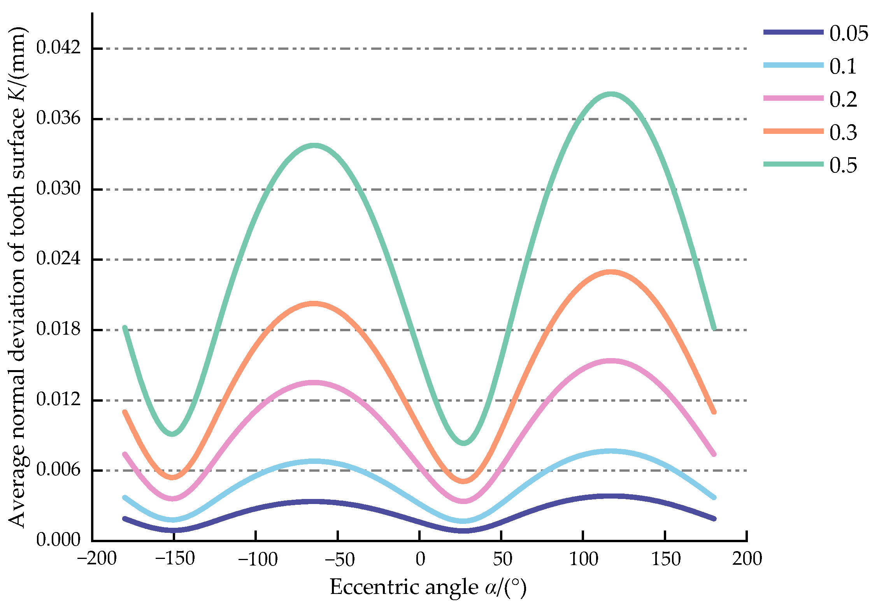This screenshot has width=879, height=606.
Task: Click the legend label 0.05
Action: click(848, 34)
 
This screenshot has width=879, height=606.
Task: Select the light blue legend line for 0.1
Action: click(793, 65)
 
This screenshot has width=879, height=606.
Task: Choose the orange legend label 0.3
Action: click(843, 133)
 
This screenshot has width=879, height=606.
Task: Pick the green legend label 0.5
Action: click(843, 165)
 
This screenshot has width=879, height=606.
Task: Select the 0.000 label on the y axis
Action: click(58, 540)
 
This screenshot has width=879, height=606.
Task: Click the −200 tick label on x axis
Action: click(97, 559)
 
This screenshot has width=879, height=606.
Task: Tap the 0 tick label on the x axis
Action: click(420, 559)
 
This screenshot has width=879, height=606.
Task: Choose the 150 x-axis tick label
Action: click(666, 559)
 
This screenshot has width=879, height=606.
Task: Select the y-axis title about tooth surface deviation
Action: click(18, 276)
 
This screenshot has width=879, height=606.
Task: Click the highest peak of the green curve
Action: click(611, 94)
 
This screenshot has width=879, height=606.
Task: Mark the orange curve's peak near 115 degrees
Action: click(611, 272)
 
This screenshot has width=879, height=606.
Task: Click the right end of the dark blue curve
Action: click(714, 518)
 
